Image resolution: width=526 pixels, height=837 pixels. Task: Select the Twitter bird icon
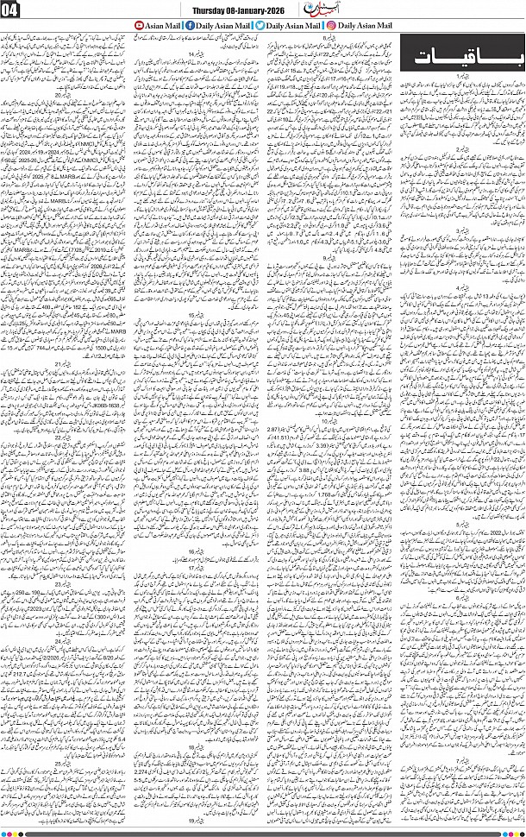pyautogui.click(x=260, y=27)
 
